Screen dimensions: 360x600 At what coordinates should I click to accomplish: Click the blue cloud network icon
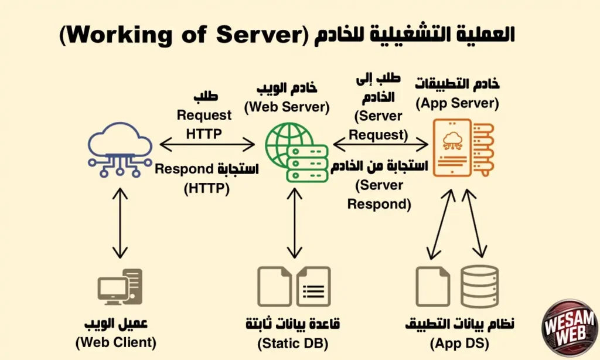pyautogui.click(x=120, y=149)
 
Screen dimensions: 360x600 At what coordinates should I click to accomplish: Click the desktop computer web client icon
pyautogui.click(x=120, y=287)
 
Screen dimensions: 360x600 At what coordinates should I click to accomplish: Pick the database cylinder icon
pyautogui.click(x=479, y=286)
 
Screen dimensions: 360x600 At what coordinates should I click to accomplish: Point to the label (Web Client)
pyautogui.click(x=120, y=342)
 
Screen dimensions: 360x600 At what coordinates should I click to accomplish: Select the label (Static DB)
pyautogui.click(x=294, y=342)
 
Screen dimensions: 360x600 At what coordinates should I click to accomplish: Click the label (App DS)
pyautogui.click(x=460, y=343)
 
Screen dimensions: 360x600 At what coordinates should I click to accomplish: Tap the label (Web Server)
pyautogui.click(x=287, y=107)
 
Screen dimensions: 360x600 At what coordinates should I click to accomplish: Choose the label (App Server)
pyautogui.click(x=457, y=104)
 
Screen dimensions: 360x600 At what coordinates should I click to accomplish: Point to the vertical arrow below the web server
pyautogui.click(x=294, y=223)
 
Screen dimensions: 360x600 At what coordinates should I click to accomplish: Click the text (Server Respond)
pyautogui.click(x=379, y=195)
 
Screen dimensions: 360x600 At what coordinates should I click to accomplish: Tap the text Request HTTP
pyautogui.click(x=204, y=124)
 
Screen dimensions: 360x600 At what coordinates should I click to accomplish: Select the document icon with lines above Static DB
pyautogui.click(x=313, y=287)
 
